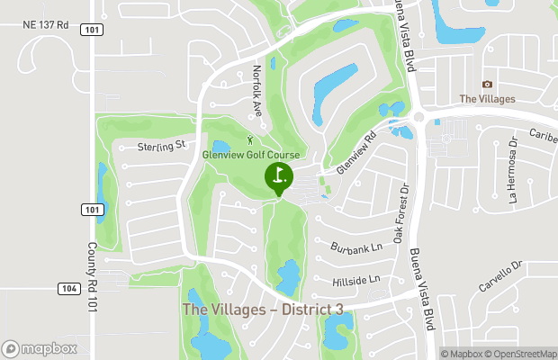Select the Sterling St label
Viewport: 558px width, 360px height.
tap(161, 144)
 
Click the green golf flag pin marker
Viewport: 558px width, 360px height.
tap(278, 175)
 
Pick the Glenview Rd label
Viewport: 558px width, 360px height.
tap(355, 155)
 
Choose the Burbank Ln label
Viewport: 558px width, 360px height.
tap(356, 246)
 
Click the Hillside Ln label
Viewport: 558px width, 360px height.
tap(355, 280)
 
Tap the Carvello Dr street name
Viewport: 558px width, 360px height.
tap(500, 276)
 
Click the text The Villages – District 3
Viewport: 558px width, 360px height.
tap(263, 310)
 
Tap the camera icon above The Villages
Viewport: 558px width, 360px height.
tap(487, 84)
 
